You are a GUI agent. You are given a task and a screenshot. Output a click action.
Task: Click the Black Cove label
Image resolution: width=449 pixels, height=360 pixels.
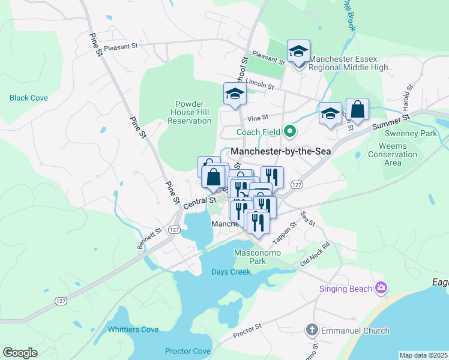click(x=29, y=98)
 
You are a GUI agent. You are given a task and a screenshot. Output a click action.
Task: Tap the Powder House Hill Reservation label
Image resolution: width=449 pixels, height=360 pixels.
click(x=190, y=112)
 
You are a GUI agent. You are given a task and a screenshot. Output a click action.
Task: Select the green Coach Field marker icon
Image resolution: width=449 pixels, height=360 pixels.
click(x=290, y=131)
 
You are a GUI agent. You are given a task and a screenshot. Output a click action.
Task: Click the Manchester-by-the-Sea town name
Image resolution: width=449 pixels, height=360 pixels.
click(x=281, y=152)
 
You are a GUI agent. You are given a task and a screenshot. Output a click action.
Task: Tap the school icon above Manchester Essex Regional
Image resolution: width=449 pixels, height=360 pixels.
click(x=298, y=51)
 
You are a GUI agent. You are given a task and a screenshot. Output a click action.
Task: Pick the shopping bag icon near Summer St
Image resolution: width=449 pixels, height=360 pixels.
click(x=357, y=110)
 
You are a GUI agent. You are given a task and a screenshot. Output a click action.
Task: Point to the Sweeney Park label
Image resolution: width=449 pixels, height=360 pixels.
click(x=411, y=134)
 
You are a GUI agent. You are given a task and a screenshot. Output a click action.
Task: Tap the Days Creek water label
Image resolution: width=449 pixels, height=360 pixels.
click(x=231, y=272)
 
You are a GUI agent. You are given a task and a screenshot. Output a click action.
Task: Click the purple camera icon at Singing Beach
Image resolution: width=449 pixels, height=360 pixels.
click(x=380, y=289)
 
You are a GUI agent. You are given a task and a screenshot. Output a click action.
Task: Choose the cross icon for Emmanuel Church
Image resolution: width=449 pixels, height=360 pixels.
click(x=311, y=330)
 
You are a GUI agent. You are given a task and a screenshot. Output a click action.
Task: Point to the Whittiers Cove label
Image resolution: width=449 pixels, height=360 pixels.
click(x=133, y=329)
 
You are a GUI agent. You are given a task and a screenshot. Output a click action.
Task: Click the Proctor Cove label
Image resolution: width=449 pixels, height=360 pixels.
click(x=188, y=351)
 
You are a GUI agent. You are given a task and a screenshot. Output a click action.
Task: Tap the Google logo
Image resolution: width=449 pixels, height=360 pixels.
click(x=20, y=353)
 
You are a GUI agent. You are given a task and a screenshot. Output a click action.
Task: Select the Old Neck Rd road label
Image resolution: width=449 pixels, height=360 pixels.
click(x=316, y=255)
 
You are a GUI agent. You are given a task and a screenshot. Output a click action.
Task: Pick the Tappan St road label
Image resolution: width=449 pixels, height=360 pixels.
click(x=285, y=232)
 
